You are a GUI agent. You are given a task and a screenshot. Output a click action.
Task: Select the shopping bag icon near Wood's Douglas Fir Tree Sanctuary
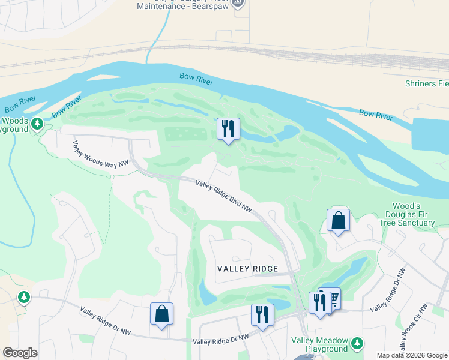coord(339,220)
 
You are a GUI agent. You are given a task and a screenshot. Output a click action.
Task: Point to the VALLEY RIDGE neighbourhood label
coord(247,269)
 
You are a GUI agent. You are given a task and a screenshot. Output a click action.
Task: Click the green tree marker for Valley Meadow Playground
coord(357,343)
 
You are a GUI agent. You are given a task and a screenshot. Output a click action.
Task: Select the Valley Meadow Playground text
coord(319,344)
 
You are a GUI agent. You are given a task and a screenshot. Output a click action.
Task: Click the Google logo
coord(20,353)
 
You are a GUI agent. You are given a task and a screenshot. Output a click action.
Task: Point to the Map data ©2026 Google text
coord(412,355)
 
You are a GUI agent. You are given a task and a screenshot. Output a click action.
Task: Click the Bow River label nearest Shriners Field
coord(376,113)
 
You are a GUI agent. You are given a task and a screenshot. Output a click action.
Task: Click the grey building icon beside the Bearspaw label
coord(238,3)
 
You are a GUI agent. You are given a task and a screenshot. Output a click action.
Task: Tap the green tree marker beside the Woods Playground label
coord(38,124)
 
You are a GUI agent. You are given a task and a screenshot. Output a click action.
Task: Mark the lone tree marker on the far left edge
coord(23,297)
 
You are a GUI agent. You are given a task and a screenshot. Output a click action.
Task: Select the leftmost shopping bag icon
coord(162,314)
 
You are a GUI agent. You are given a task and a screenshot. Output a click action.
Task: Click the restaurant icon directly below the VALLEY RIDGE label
coord(262,314)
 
